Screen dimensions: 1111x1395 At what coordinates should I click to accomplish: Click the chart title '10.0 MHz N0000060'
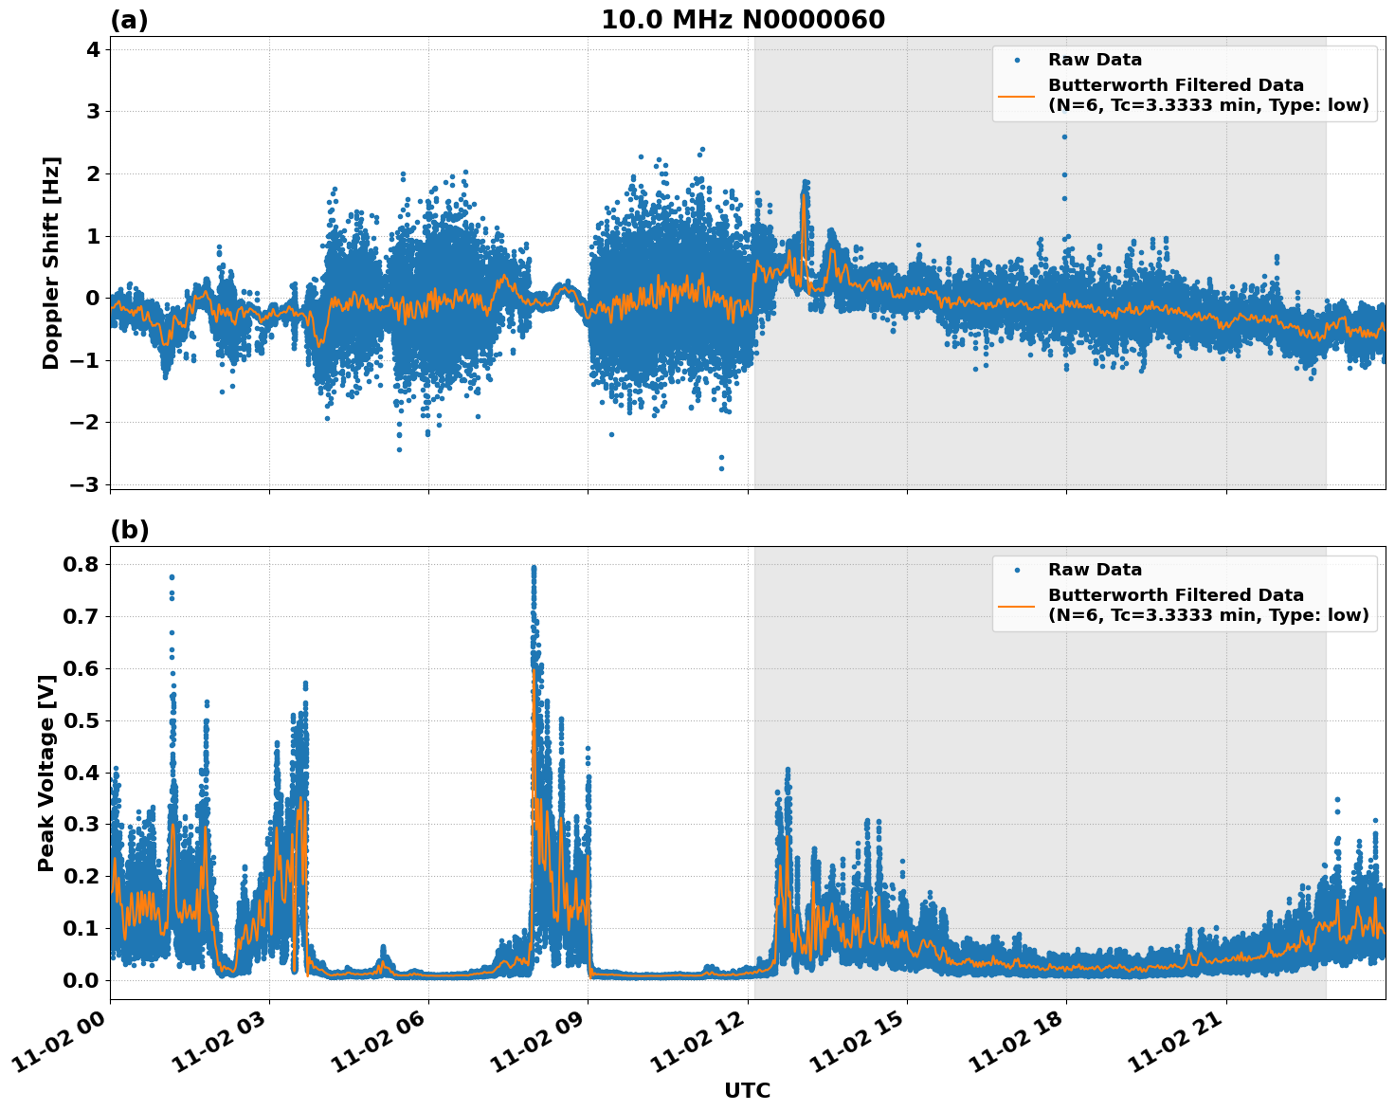coord(742,20)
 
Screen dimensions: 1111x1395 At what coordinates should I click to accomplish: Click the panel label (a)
coord(129,20)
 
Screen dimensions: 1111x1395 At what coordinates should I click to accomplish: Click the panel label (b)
coord(129,530)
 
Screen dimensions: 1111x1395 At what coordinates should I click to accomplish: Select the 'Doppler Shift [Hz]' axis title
coord(51,263)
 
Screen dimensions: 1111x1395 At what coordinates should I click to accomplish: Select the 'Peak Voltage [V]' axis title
coord(45,772)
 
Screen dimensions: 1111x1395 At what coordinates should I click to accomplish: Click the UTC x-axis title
coord(747,1090)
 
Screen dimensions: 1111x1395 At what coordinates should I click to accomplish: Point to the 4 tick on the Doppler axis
coord(93,49)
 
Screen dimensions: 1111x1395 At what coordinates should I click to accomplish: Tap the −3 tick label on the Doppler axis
coord(85,484)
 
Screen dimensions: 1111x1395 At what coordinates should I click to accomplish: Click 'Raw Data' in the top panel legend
coord(1095,60)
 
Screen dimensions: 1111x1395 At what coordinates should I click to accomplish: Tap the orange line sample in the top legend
coord(1016,96)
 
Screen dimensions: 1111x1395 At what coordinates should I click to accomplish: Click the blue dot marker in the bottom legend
coord(1016,570)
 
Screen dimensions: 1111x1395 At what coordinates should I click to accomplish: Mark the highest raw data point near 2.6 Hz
coord(1064,137)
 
